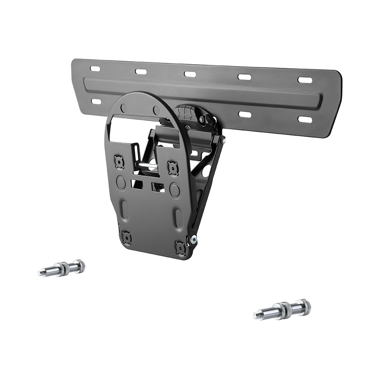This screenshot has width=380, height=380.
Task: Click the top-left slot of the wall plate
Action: (x=95, y=69)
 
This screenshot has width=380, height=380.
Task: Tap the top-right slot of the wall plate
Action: (x=305, y=80)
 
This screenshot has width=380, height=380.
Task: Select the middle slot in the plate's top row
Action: (x=190, y=74)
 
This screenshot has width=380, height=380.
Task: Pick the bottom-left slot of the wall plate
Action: (x=96, y=101)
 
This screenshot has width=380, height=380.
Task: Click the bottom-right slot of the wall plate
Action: (x=305, y=119)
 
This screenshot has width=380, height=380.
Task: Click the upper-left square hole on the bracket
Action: (x=119, y=162)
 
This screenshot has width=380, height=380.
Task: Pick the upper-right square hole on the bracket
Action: (x=173, y=168)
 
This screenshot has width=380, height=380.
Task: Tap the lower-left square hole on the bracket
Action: (x=127, y=237)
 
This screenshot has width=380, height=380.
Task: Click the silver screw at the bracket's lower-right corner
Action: (x=193, y=240)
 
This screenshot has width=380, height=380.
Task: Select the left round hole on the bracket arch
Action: (x=124, y=108)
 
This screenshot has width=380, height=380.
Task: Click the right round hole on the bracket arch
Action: (x=156, y=110)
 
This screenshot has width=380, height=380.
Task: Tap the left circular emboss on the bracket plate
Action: (x=121, y=183)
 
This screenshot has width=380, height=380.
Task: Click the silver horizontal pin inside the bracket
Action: (x=147, y=164)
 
